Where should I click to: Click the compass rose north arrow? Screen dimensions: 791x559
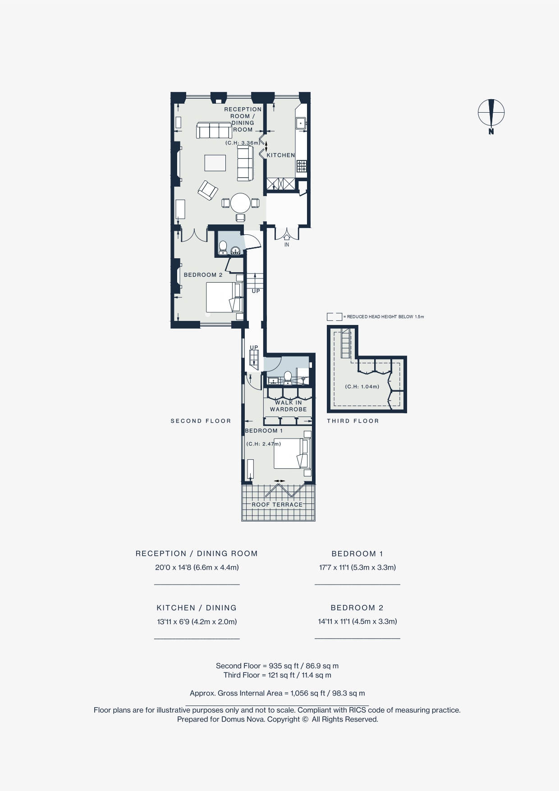point(491,113)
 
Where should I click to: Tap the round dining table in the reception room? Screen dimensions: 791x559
point(240,203)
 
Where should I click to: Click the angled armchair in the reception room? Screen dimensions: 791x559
point(208,190)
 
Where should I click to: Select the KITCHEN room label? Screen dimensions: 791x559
point(281,155)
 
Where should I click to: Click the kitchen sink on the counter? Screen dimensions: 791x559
point(301,123)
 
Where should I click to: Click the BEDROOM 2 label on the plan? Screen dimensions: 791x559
point(203,275)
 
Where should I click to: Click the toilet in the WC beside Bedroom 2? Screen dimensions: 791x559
point(223,247)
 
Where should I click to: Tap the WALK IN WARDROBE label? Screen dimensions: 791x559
point(288,406)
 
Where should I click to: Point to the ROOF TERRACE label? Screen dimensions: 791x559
point(277,504)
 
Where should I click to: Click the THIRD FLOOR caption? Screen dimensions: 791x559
point(353,421)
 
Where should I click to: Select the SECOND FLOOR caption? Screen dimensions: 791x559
point(201,421)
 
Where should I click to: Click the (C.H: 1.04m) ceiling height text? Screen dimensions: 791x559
point(362,387)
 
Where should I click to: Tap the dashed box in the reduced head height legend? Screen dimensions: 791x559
point(334,317)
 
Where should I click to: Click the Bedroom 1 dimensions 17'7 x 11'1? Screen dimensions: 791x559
point(357,567)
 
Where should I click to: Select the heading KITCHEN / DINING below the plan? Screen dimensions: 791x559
point(197,608)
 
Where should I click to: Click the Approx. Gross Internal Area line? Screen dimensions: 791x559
point(277,693)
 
